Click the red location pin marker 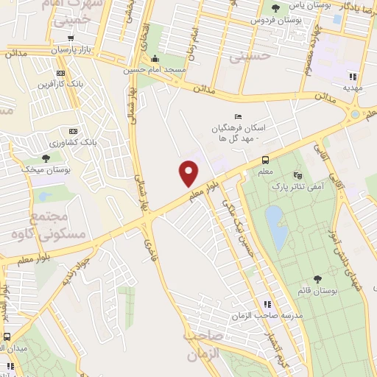(x=188, y=172)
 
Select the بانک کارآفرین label (x=60, y=83)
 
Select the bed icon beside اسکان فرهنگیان (x=237, y=116)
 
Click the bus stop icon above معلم (x=265, y=160)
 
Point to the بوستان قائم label (x=318, y=291)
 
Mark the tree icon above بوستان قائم (x=317, y=279)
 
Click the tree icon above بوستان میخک (x=46, y=158)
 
